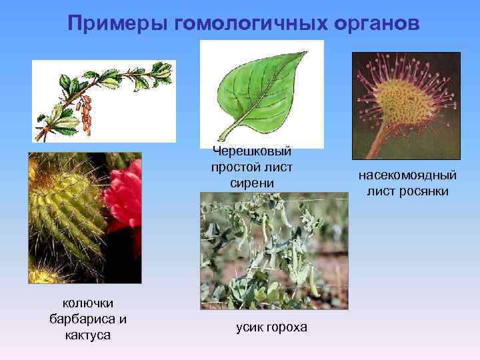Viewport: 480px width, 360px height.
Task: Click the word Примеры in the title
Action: click(117, 25)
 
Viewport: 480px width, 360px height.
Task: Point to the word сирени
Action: click(252, 182)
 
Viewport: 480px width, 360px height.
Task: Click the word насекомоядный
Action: click(407, 177)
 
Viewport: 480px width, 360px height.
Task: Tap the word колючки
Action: click(87, 303)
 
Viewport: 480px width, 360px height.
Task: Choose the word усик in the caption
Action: click(250, 327)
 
